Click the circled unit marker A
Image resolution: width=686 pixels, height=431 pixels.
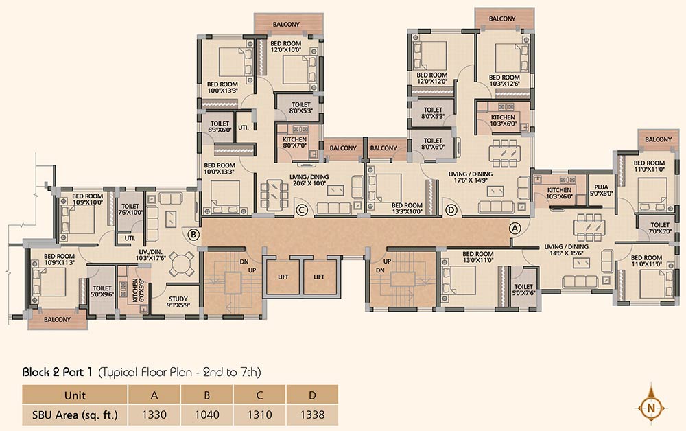515,228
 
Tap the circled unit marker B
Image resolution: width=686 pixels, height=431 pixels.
193,235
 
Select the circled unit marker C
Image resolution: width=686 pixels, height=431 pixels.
301,210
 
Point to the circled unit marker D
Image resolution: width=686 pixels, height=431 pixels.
451,210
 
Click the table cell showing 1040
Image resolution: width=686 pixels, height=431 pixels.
207,415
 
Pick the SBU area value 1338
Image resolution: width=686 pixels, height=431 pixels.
312,415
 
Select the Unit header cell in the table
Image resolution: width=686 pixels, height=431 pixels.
75,395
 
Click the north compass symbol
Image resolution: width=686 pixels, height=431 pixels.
652,408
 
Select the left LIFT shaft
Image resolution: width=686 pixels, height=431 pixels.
283,277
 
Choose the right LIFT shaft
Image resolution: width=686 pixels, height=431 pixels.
320,277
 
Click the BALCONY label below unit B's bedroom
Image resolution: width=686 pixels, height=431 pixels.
58,319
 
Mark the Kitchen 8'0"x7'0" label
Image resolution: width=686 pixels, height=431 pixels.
294,142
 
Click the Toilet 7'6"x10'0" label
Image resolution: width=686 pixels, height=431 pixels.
130,209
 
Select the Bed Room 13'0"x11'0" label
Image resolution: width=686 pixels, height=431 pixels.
477,257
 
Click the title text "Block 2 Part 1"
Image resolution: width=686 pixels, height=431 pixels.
58,372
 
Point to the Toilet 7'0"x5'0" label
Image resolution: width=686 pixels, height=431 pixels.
660,228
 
